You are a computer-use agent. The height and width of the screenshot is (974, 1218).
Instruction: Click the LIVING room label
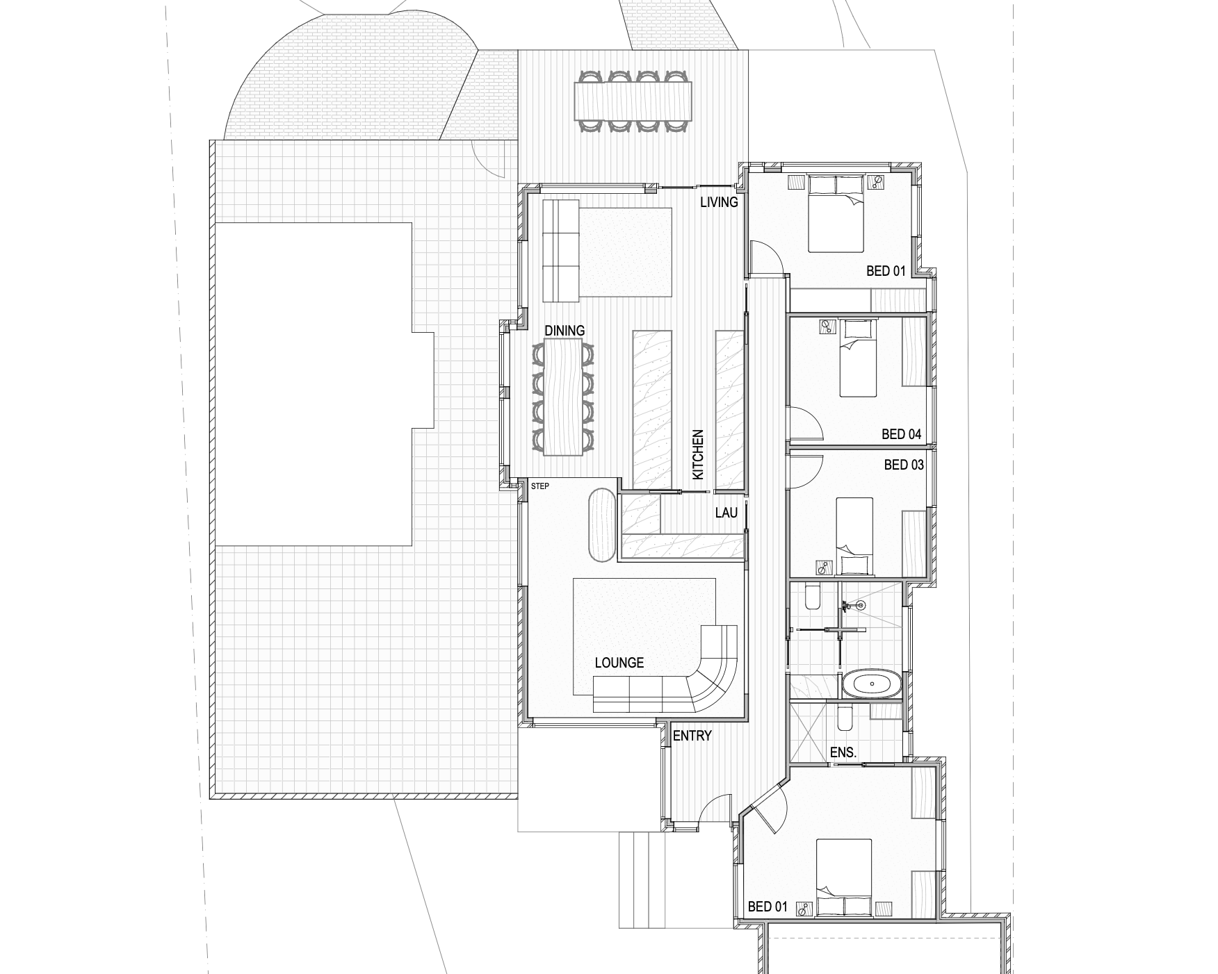(719, 202)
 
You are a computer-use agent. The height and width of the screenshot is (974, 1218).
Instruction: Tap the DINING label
(565, 331)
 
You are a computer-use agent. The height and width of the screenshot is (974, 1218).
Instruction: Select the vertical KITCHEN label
(698, 454)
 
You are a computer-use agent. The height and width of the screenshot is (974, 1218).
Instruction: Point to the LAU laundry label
(726, 513)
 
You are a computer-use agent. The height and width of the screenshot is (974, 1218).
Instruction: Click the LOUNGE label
(619, 663)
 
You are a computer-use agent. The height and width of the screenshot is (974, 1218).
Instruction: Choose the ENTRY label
(692, 736)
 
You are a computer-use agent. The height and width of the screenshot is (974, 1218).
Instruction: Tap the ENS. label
(843, 752)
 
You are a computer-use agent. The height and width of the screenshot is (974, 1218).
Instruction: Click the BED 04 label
(902, 434)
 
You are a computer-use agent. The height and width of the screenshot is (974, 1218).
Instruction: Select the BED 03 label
(904, 465)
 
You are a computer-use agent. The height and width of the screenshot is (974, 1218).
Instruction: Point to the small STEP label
(540, 486)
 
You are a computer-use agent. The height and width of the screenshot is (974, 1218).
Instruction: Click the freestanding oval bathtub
(872, 684)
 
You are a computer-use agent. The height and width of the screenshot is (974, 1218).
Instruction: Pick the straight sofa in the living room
(560, 251)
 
